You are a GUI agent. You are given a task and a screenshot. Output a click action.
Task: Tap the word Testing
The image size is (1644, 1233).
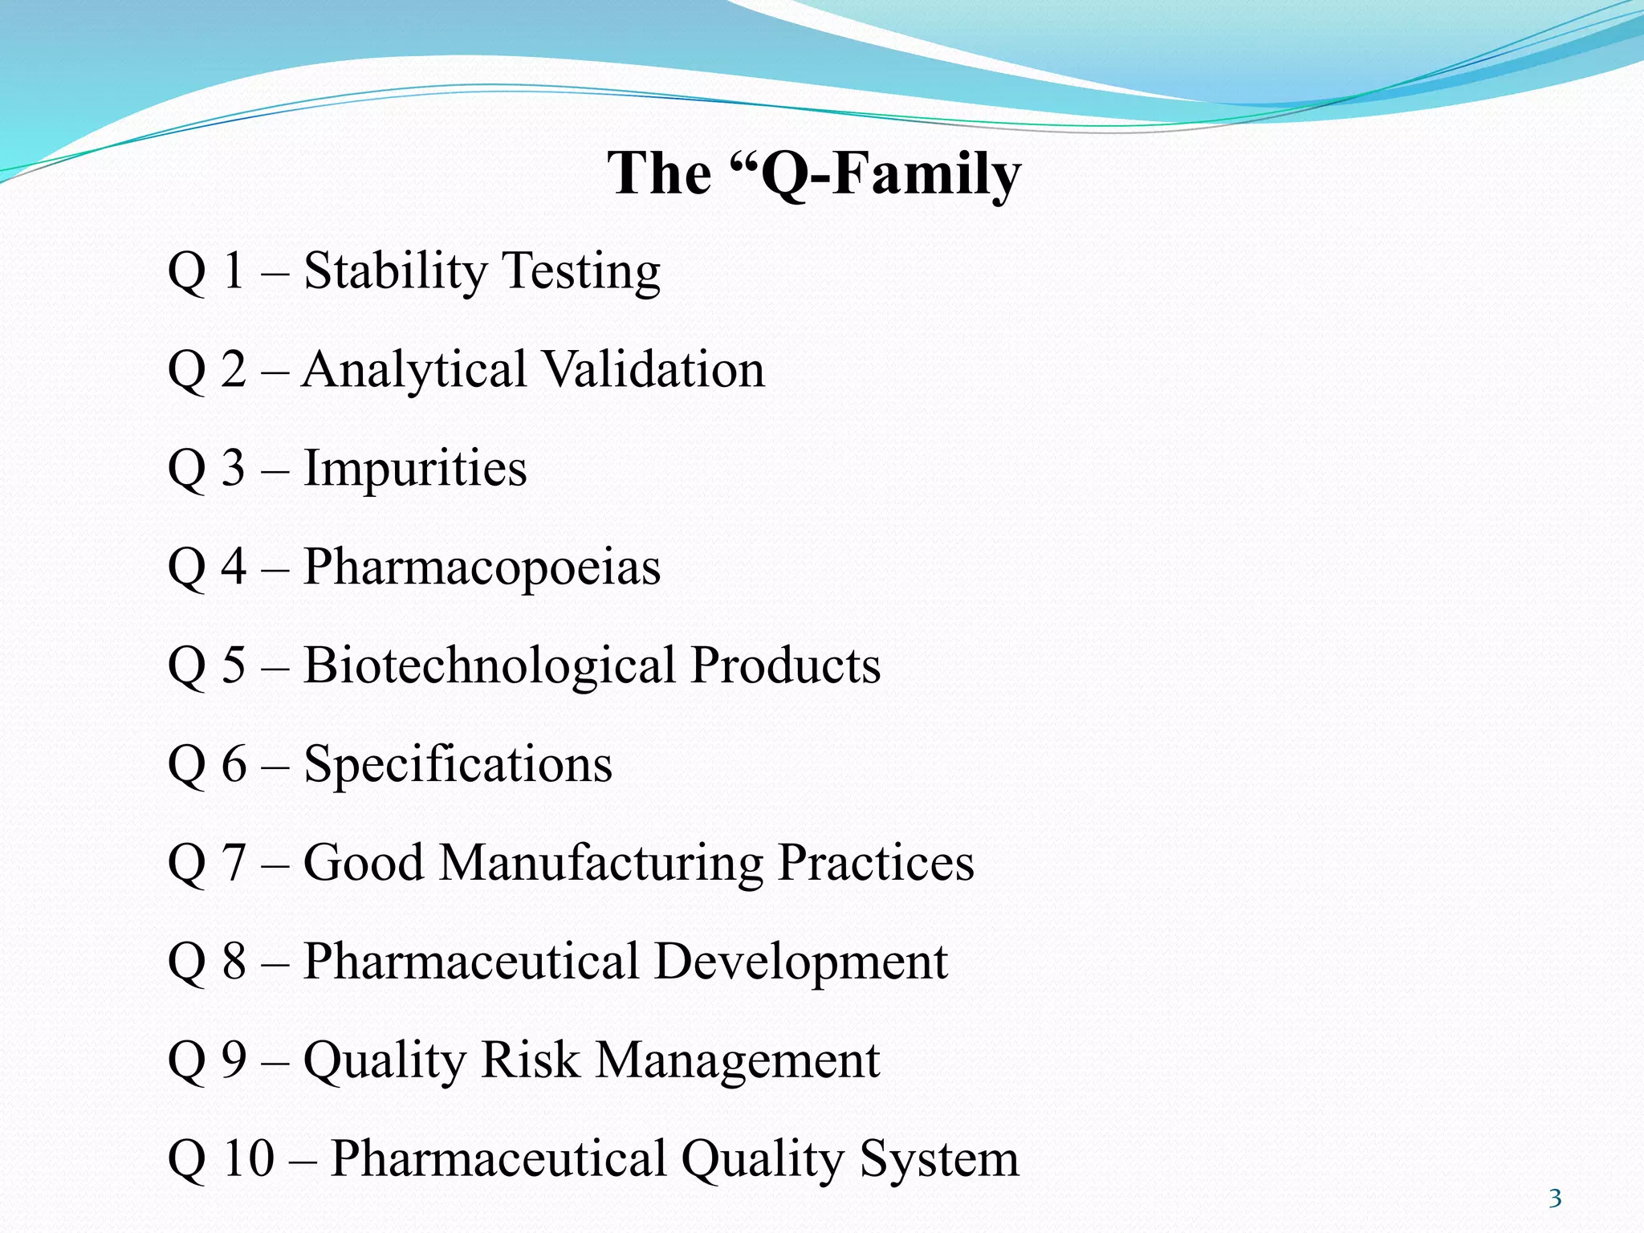point(581,271)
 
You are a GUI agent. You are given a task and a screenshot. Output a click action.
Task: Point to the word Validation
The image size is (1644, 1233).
point(653,370)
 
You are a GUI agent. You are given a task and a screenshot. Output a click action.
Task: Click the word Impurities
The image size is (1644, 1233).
point(415,469)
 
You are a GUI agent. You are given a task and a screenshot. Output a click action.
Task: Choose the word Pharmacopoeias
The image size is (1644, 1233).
point(482,568)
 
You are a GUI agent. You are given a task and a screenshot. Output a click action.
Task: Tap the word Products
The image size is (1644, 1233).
point(786,665)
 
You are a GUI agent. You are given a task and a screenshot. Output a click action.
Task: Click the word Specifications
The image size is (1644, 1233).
point(458,764)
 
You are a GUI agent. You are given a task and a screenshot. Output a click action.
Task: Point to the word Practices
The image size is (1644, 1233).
point(876,863)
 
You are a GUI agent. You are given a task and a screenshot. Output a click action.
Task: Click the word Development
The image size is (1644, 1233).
point(800,962)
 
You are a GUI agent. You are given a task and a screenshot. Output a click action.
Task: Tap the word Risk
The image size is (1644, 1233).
point(530,1060)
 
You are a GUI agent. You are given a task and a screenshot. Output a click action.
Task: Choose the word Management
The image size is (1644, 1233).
point(737,1060)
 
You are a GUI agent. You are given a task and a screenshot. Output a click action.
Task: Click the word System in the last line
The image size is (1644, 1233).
point(939,1159)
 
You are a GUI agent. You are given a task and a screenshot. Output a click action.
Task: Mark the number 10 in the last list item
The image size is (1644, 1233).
point(248,1159)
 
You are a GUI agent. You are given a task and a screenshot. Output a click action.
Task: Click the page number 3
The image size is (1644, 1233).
point(1555,1198)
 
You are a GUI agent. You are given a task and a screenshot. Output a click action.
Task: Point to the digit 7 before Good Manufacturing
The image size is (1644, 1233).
point(234,863)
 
